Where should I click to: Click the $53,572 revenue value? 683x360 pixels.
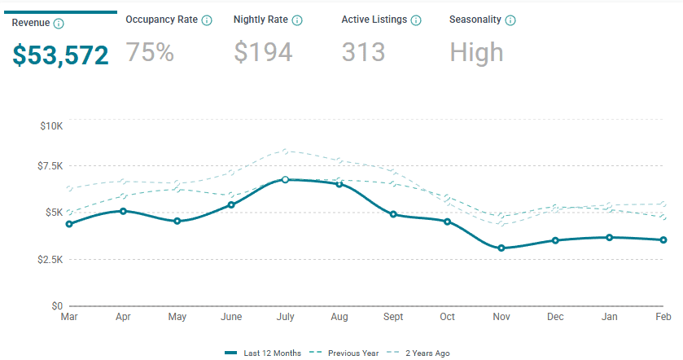(60, 55)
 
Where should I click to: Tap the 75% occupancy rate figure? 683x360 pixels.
(150, 53)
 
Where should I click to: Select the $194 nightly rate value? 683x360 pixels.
(263, 53)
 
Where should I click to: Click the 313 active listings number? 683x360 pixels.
(363, 53)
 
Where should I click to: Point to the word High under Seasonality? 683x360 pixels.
(476, 53)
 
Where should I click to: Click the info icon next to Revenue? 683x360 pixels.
(59, 23)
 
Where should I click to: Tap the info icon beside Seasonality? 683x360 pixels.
(510, 20)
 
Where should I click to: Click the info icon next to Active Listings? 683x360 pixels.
(416, 20)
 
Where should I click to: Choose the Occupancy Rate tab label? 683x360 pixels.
(161, 20)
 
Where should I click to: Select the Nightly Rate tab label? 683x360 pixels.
(261, 20)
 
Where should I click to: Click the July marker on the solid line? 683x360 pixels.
(285, 179)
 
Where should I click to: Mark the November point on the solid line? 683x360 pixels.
(501, 248)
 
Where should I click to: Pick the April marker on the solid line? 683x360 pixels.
(123, 211)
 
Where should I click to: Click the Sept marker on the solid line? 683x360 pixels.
(393, 214)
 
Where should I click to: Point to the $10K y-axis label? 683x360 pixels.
(51, 126)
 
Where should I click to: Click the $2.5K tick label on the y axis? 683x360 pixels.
(50, 259)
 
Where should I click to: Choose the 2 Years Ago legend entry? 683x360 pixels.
(424, 353)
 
